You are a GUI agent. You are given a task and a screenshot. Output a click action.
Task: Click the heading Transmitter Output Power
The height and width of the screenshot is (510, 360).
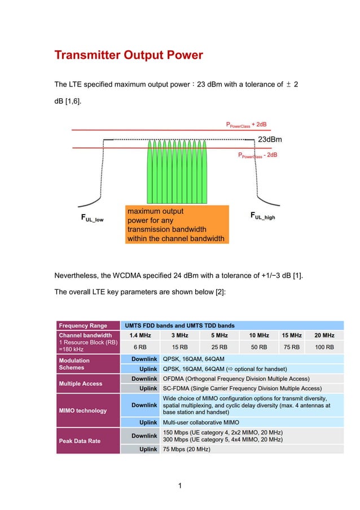coord(128,56)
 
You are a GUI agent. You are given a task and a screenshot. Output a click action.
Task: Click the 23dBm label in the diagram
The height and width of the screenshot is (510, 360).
coord(270,139)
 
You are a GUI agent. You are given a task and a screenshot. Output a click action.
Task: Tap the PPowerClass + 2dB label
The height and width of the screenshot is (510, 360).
coord(246,125)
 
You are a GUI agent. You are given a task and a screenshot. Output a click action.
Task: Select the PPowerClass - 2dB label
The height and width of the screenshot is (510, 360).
coord(257,155)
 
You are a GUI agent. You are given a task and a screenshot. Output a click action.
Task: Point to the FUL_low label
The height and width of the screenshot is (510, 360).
coord(90,219)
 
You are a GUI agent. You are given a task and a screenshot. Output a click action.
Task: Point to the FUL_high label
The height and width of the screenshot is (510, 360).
coord(262,216)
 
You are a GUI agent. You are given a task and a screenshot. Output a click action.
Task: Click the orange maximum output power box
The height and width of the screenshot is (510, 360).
coord(177,224)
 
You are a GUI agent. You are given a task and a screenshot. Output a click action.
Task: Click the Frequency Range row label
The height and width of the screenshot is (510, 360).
coord(83,325)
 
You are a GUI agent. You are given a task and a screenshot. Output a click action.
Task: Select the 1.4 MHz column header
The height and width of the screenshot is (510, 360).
coord(140,335)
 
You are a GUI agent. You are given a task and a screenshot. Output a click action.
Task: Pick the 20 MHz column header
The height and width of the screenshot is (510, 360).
coord(324,335)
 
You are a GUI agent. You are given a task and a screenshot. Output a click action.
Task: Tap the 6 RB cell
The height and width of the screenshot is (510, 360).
coord(140,347)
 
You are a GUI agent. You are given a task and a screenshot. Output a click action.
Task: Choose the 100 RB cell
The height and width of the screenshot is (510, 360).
coord(324,347)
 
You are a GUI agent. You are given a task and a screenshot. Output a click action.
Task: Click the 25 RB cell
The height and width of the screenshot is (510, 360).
coord(219,347)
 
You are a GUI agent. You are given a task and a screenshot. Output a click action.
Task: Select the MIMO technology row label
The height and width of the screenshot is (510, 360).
coord(83,411)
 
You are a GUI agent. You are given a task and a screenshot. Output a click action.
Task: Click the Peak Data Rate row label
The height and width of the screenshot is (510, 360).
coord(80,441)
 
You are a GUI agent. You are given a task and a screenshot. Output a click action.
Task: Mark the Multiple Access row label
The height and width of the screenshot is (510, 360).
coord(81,383)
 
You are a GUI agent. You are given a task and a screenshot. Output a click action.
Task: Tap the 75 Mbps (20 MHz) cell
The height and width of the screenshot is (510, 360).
coord(186,450)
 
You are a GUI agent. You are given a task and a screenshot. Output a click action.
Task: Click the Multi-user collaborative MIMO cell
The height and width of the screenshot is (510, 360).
coord(200,422)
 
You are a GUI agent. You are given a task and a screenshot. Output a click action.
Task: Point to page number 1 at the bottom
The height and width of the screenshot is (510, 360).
coord(179,485)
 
